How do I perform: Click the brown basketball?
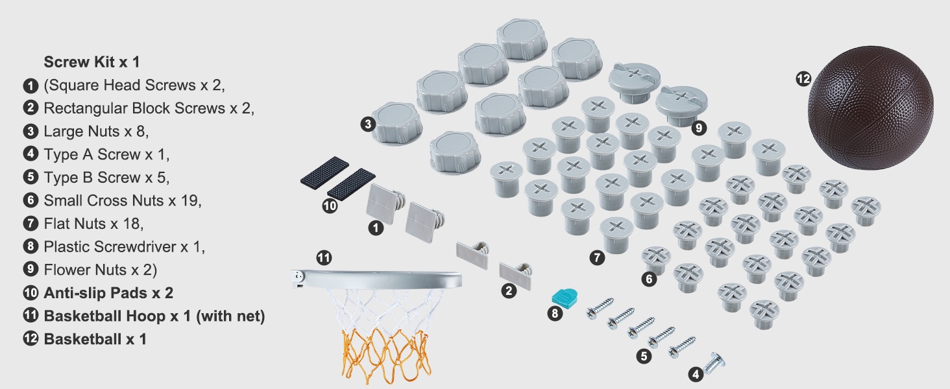pyautogui.click(x=870, y=108)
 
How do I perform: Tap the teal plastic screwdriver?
pyautogui.click(x=564, y=297)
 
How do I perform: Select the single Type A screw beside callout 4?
pyautogui.click(x=714, y=364)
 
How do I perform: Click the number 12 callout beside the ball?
pyautogui.click(x=803, y=79)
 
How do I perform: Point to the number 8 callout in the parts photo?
pyautogui.click(x=555, y=314)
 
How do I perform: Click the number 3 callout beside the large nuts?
pyautogui.click(x=368, y=124)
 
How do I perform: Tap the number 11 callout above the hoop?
pyautogui.click(x=324, y=257)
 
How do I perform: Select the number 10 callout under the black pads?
pyautogui.click(x=330, y=206)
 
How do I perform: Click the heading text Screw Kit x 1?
pyautogui.click(x=91, y=62)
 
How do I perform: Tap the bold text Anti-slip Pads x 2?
pyautogui.click(x=108, y=293)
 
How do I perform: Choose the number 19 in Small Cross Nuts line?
pyautogui.click(x=189, y=200)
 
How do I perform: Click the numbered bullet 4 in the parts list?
pyautogui.click(x=30, y=154)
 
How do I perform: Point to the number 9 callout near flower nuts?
pyautogui.click(x=698, y=127)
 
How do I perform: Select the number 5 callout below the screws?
pyautogui.click(x=644, y=356)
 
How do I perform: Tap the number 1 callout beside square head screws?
pyautogui.click(x=375, y=228)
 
